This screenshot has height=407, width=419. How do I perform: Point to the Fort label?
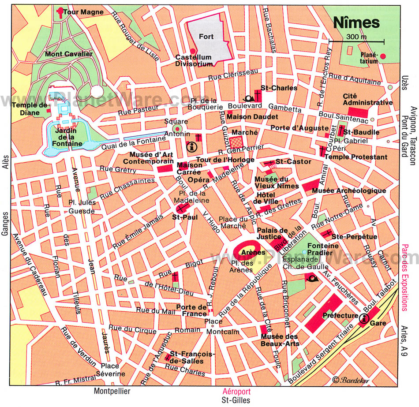206,37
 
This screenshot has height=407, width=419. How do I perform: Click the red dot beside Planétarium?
383,56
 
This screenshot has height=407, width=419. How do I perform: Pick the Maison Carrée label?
190,168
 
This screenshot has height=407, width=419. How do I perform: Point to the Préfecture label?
340,315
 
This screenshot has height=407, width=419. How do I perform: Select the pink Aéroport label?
235,391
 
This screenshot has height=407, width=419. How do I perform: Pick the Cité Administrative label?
367,99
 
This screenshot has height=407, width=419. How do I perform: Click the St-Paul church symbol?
181,207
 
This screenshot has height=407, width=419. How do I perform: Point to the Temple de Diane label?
30,108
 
